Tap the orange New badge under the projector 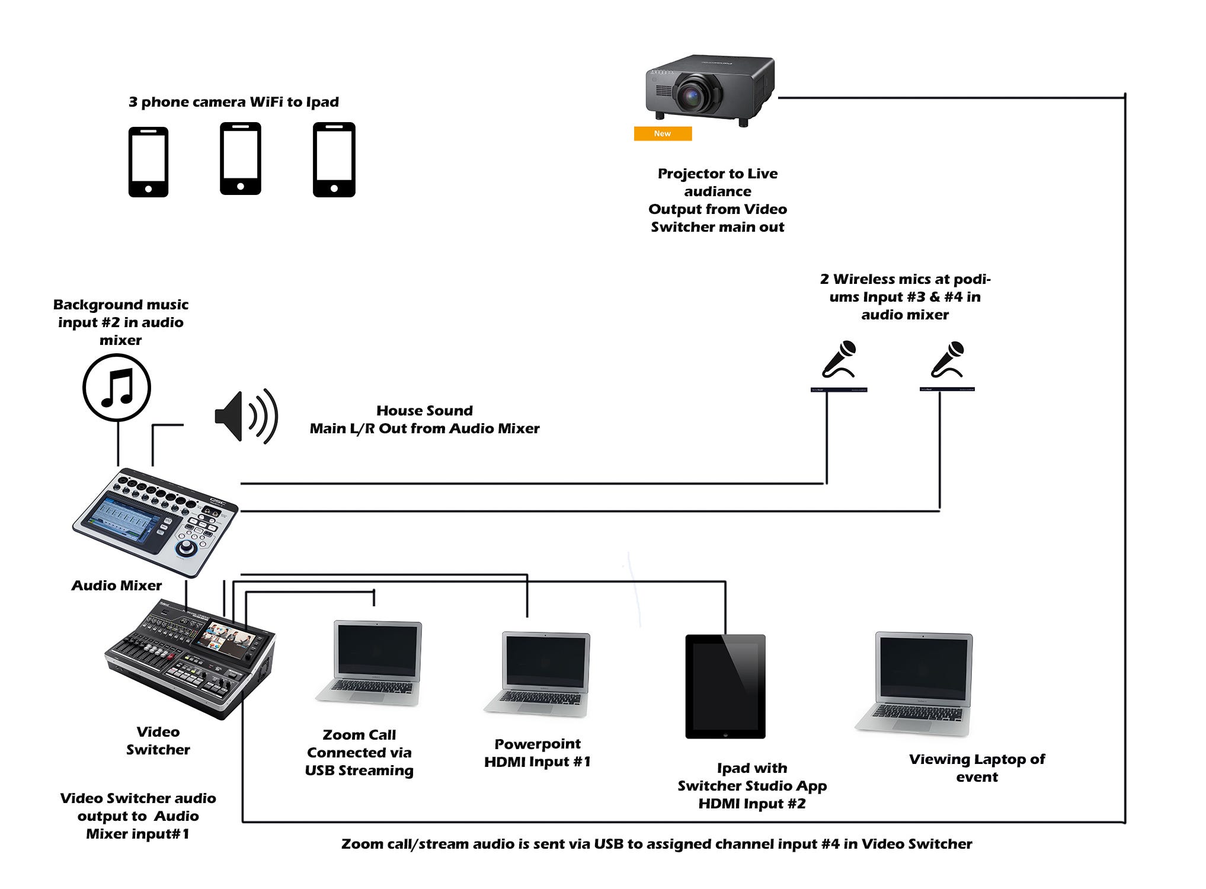(663, 134)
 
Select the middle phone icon (240, 159)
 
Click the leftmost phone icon (148, 162)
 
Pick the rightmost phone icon (334, 159)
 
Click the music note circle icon (117, 388)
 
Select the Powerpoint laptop (538, 673)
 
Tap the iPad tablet (725, 686)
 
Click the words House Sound (424, 411)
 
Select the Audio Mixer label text (117, 586)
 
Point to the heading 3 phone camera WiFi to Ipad (233, 102)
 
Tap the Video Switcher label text (158, 741)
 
